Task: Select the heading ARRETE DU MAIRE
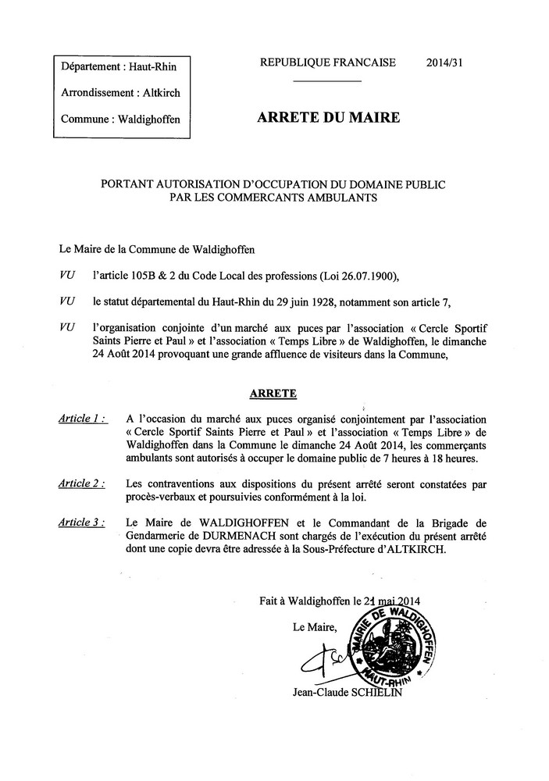(328, 119)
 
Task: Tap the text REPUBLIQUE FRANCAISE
(328, 63)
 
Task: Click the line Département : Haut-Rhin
(119, 67)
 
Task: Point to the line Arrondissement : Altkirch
(120, 93)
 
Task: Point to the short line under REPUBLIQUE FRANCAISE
(328, 81)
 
